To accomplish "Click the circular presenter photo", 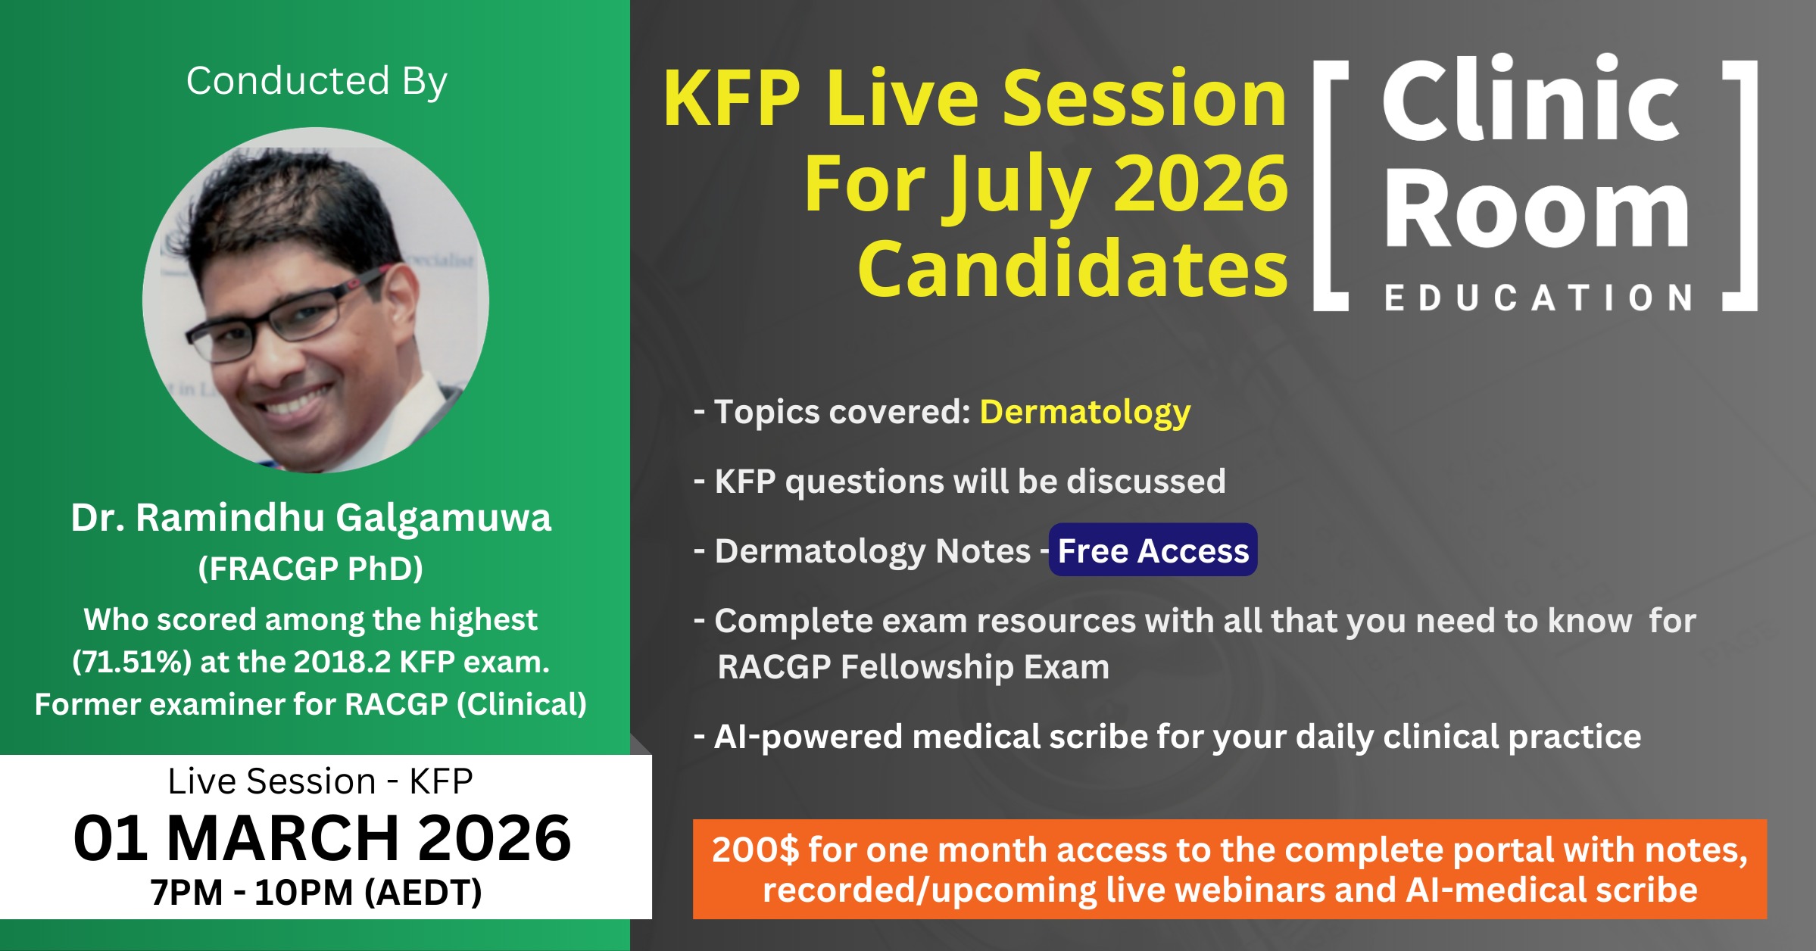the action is click(x=316, y=301).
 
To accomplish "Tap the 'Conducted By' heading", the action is click(x=317, y=81).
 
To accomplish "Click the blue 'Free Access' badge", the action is click(x=1153, y=550).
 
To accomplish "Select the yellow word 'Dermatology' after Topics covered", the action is click(x=1085, y=412).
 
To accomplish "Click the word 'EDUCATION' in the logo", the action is click(x=1539, y=298).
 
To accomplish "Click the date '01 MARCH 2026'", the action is click(x=323, y=838).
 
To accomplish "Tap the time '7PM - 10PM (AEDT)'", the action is click(x=316, y=892).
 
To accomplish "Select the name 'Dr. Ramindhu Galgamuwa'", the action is click(x=311, y=518).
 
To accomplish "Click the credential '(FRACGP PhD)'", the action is click(x=310, y=569).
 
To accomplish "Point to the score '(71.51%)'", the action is click(x=132, y=663).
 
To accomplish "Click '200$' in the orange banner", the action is click(x=755, y=850).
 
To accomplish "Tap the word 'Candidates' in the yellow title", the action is click(x=1072, y=269).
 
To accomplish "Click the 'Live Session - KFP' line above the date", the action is click(x=320, y=781).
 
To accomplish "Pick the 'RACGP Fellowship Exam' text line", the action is click(x=913, y=667).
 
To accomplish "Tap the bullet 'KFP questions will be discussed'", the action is click(x=960, y=482).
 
